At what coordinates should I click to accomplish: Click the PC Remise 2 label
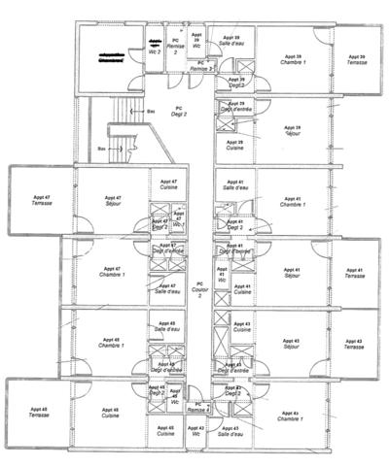(175, 49)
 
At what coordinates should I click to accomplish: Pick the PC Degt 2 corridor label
(178, 111)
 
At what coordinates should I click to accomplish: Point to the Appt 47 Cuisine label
(167, 184)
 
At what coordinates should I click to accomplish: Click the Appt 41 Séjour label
(293, 273)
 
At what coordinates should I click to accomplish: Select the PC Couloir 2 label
(199, 289)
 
